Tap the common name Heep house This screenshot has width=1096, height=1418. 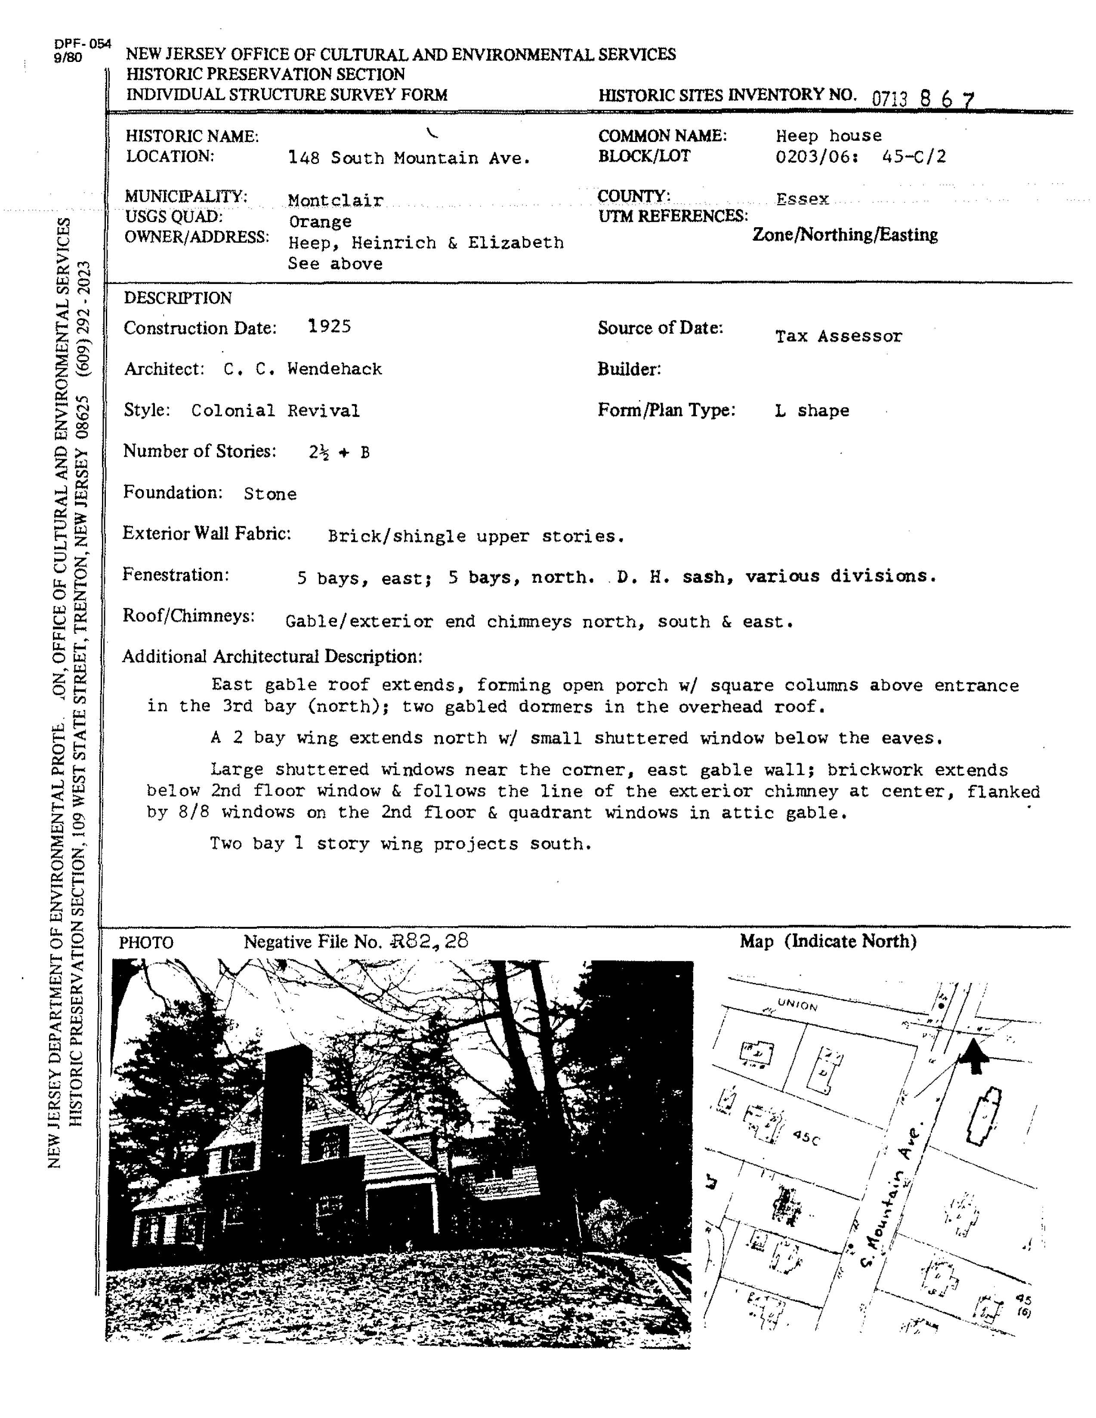point(828,136)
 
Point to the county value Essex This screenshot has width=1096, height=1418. point(803,199)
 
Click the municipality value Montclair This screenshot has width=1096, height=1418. point(336,200)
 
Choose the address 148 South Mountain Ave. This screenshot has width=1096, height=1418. point(409,158)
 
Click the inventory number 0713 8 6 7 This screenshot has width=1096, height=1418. point(923,99)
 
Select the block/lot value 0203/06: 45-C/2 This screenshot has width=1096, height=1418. point(860,157)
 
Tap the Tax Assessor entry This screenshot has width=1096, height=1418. point(838,337)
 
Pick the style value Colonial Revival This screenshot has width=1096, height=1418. point(275,411)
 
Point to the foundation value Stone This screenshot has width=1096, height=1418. point(270,494)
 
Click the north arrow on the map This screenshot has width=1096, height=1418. point(973,1056)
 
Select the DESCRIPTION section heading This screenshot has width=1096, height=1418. point(177,298)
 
